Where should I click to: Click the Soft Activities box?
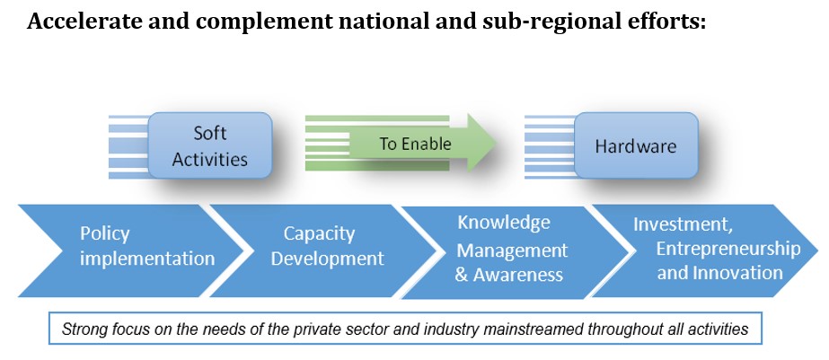coord(210,145)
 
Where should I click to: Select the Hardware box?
coord(636,145)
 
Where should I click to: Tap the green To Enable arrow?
coord(401,143)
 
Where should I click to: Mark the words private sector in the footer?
coord(348,329)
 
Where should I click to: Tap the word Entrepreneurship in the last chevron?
coord(728,249)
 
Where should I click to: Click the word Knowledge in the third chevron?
coord(504,223)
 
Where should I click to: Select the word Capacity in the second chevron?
coord(319,233)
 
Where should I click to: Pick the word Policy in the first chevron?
coord(104,233)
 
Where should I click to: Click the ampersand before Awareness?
coord(461,275)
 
